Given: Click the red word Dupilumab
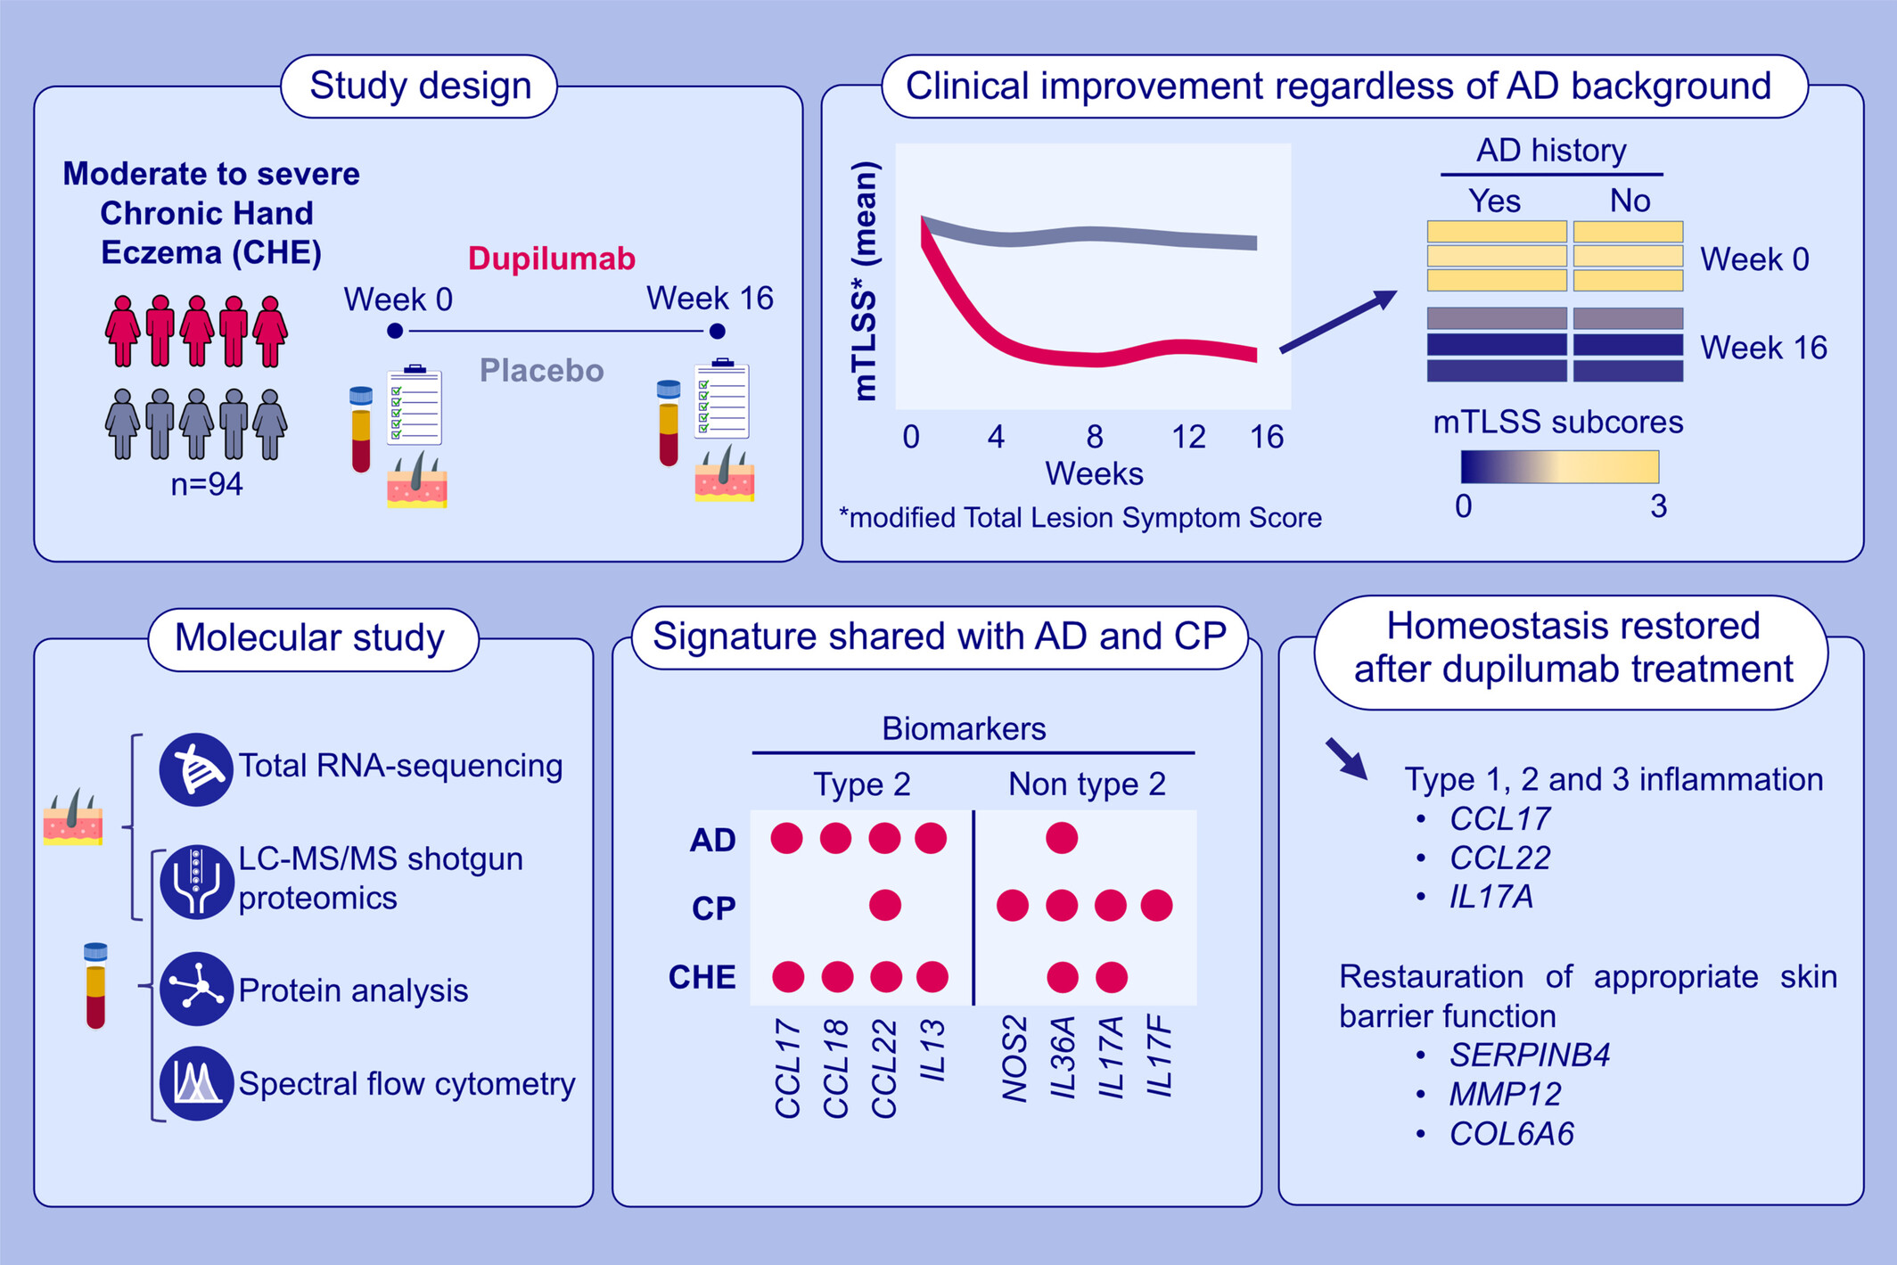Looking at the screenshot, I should coord(552,259).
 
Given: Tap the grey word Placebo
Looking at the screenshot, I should coord(541,370).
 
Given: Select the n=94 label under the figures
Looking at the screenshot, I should coord(207,484).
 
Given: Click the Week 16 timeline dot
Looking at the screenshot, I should coord(717,332).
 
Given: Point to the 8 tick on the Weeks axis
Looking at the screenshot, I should coord(1095,437).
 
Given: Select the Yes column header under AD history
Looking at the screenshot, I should coord(1494,201).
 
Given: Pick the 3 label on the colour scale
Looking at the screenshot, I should coord(1658,506).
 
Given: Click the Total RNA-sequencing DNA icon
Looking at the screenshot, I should coord(196,769).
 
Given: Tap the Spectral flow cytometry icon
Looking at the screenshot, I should coord(196,1083).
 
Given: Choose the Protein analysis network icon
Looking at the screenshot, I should coord(196,990).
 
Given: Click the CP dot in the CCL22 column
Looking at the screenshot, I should coord(884,906).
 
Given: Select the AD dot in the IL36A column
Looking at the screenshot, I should coord(1062,838).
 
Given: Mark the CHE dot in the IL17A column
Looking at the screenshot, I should coord(1111,977).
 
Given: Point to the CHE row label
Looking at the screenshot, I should coord(702,978).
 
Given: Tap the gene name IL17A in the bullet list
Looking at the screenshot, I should coord(1491,897).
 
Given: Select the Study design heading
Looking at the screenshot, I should coord(420,86).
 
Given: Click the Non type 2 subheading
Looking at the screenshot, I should coord(1087,784).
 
